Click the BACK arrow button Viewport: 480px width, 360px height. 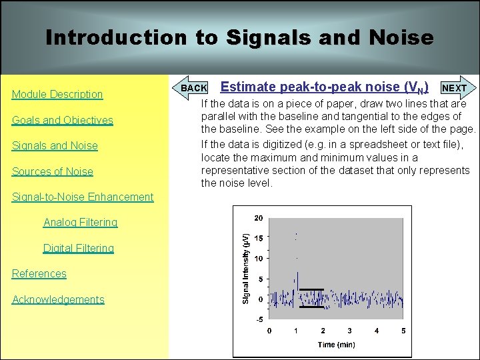[x=193, y=88]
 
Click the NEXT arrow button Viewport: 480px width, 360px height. [x=456, y=88]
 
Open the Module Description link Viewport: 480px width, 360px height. [x=57, y=95]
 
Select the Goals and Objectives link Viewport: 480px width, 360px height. [x=63, y=120]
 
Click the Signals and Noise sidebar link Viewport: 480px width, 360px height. [x=55, y=146]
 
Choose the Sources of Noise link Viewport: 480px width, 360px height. [x=53, y=171]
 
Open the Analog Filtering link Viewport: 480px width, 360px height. [x=80, y=223]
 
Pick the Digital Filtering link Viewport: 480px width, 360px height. [x=79, y=248]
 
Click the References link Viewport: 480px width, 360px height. [x=39, y=274]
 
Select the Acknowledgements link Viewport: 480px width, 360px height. [x=58, y=299]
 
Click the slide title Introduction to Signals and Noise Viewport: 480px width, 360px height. [x=239, y=37]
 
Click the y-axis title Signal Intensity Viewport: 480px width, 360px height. [x=245, y=269]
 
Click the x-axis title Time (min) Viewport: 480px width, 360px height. [x=336, y=345]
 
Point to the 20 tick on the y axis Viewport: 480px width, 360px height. [x=259, y=218]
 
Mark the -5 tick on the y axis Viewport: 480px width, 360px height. [x=259, y=319]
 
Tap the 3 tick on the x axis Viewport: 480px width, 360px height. [x=350, y=331]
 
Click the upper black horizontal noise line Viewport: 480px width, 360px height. [x=311, y=289]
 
